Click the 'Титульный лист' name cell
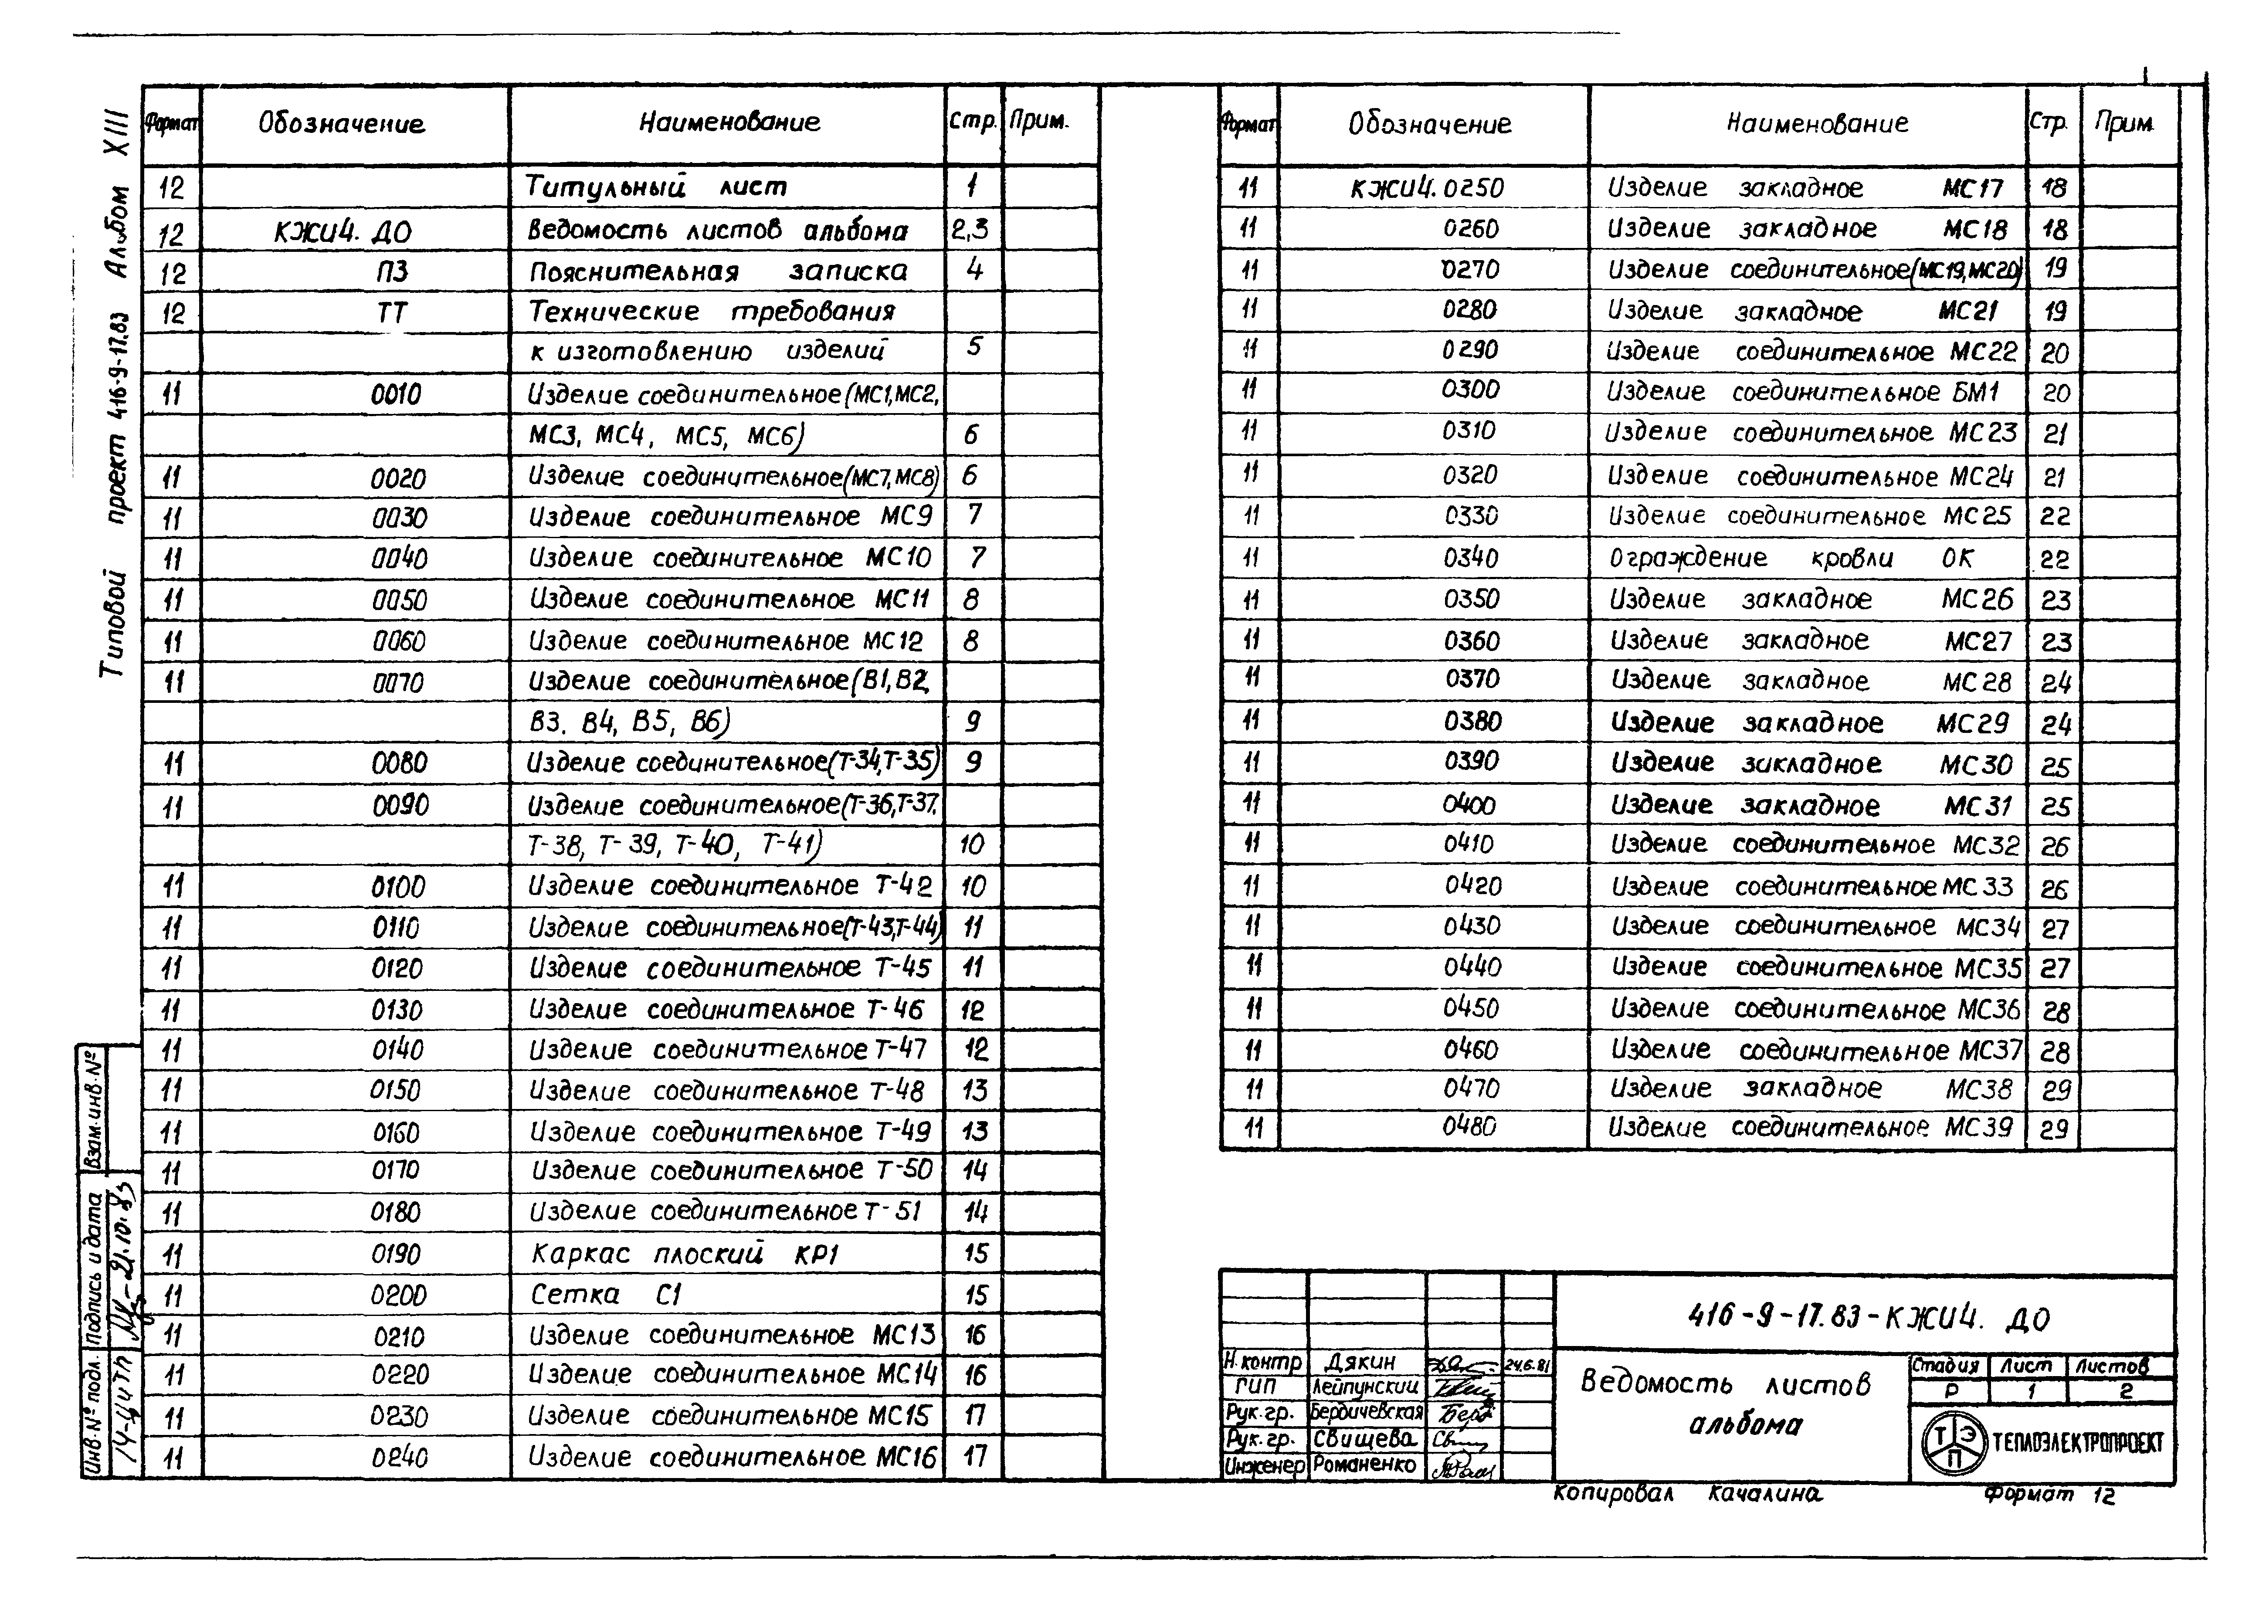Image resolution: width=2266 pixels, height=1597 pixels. click(656, 186)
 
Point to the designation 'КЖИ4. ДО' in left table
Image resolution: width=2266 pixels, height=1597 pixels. click(343, 232)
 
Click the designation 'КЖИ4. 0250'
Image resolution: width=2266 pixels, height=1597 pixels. click(1427, 187)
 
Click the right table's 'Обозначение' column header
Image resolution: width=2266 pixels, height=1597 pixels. click(1429, 124)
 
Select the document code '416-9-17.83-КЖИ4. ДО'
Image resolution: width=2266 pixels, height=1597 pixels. click(1868, 1318)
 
